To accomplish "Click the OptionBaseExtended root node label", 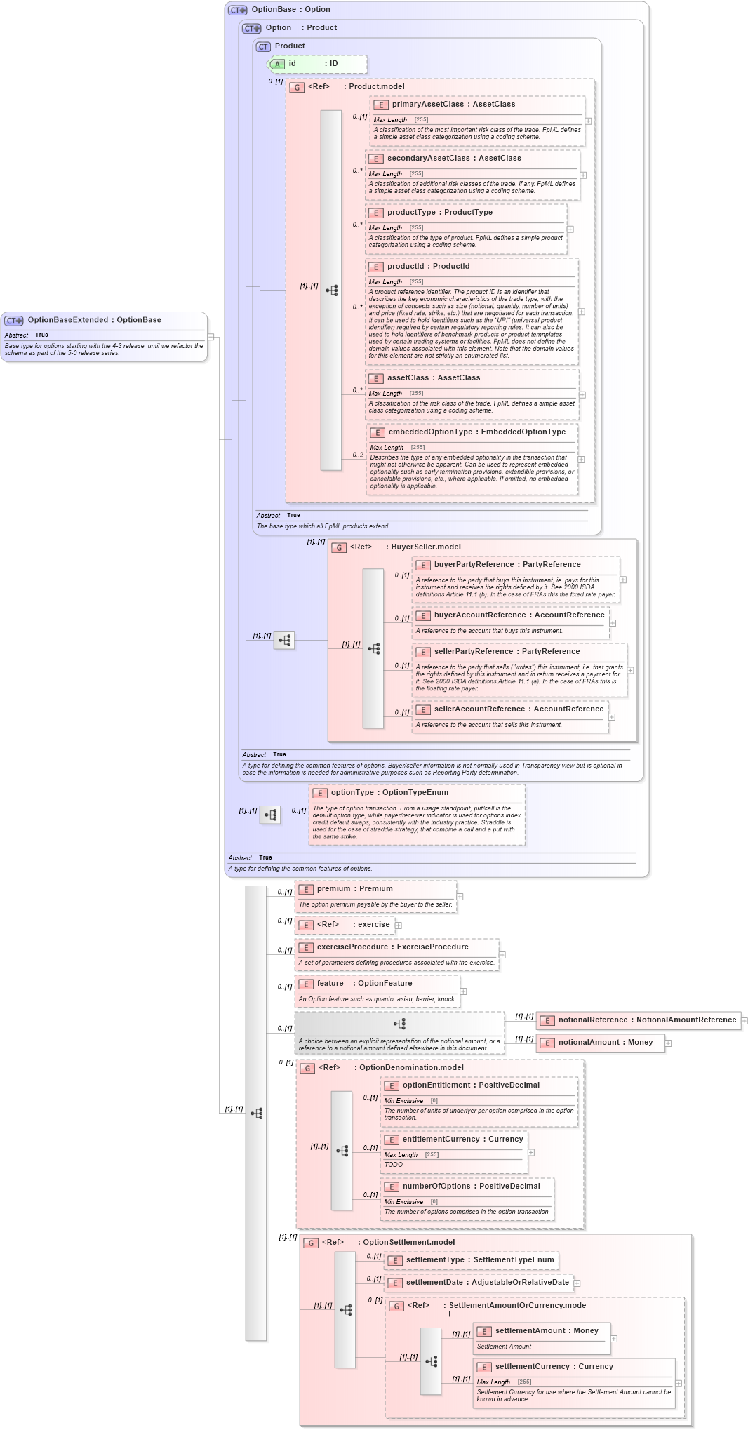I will click(x=94, y=320).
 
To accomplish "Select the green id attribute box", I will click(x=317, y=64).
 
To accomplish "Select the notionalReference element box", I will click(x=639, y=1020).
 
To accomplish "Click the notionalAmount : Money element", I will click(x=605, y=1043).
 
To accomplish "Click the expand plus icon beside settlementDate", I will click(x=577, y=1283).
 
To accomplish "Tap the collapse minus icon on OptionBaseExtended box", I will click(x=211, y=338).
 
